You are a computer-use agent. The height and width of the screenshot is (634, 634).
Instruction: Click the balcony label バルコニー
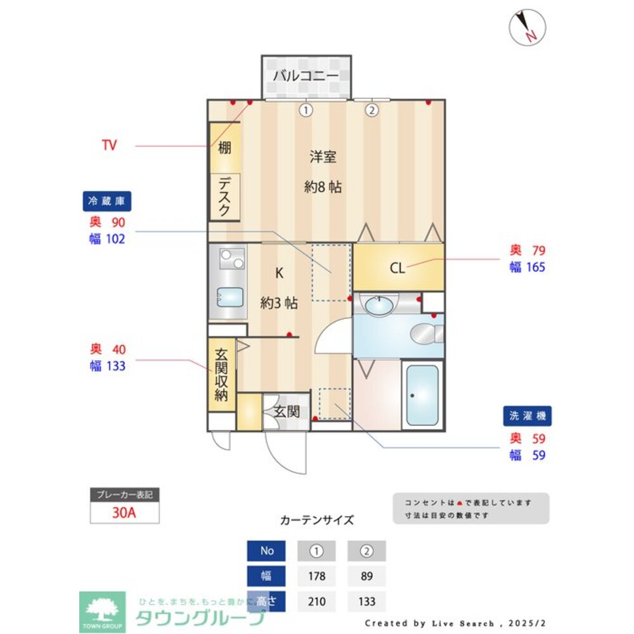coord(306,76)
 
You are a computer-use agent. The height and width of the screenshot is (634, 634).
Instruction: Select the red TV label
coord(109,145)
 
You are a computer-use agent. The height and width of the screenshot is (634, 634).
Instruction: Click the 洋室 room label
coord(323,157)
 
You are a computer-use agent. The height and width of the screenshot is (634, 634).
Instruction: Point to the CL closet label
coord(397,268)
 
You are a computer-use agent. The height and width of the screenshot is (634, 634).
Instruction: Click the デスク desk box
coord(224,197)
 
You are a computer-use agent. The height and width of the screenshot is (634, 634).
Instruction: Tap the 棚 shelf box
coord(224,148)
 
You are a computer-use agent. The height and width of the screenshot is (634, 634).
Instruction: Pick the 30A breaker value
coord(124,513)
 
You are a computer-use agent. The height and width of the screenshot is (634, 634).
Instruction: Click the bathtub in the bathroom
coord(422,395)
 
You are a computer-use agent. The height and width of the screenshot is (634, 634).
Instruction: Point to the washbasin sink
coord(378,306)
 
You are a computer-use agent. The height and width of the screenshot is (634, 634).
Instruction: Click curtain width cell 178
coord(316,576)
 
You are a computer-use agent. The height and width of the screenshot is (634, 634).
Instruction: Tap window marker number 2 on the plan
coord(372,110)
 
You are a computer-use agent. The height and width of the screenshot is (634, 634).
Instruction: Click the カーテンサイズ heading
coord(317,520)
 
